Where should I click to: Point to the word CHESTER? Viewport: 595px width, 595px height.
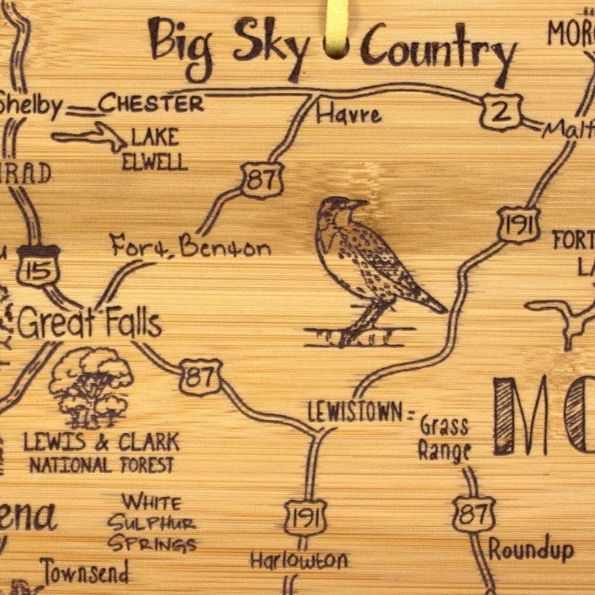coord(151,103)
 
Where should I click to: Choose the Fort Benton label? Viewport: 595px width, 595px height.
coord(190,247)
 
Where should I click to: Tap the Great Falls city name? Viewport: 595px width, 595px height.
coord(89,324)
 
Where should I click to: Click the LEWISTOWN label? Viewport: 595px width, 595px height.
coord(355,411)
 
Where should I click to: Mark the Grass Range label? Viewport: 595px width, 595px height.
coord(444,438)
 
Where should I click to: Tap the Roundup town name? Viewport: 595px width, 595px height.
coord(531,550)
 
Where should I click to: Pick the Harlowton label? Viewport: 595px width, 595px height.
coord(298,559)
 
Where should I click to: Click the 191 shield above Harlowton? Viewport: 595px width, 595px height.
coord(305,518)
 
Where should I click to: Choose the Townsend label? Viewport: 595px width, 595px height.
coord(85,571)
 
